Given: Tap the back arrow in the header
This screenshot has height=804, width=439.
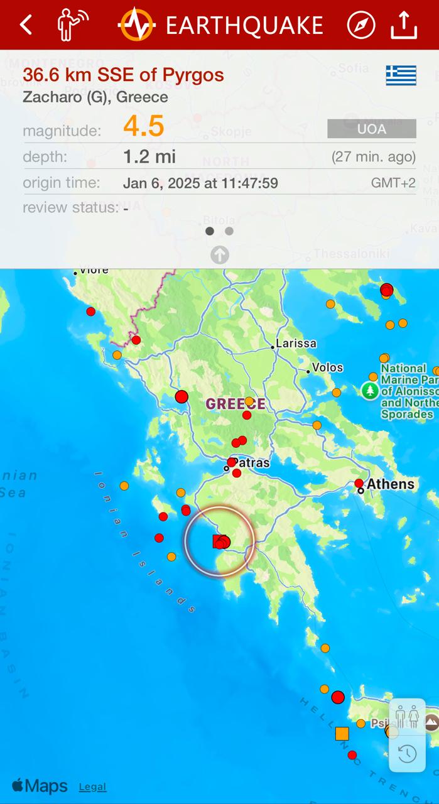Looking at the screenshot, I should pos(26,25).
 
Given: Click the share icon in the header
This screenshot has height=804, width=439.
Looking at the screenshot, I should pos(404,25).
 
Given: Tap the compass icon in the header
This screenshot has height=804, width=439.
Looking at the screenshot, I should pos(361,25).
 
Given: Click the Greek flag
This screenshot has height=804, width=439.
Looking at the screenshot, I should pos(401,75).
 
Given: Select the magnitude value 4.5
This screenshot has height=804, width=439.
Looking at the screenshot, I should pos(144,126).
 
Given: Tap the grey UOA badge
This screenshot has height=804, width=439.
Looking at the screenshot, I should pos(371,129).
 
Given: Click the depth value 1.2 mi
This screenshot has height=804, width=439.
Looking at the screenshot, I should pos(149,156).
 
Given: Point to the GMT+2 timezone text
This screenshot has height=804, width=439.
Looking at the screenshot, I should pos(393,183).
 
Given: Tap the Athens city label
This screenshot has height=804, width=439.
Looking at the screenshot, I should pos(391,484).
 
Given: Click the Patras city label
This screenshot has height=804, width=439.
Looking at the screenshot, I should pos(252,463).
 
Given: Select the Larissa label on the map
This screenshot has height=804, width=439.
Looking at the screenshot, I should pos(296,344).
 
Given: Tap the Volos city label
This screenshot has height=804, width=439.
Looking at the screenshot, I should pos(328,367).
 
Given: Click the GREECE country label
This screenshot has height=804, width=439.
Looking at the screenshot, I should pos(236,404).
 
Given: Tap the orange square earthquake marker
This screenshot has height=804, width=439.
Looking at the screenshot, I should pos(342,733).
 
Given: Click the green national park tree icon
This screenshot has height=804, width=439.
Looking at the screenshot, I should pos(370,391).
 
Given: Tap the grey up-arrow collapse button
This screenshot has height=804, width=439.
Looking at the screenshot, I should pos(219,254).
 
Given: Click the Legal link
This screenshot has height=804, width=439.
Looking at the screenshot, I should pos(92,786).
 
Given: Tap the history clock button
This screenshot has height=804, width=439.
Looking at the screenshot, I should pos(408,753).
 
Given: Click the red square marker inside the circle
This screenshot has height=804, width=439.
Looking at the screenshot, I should pos(219,541).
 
